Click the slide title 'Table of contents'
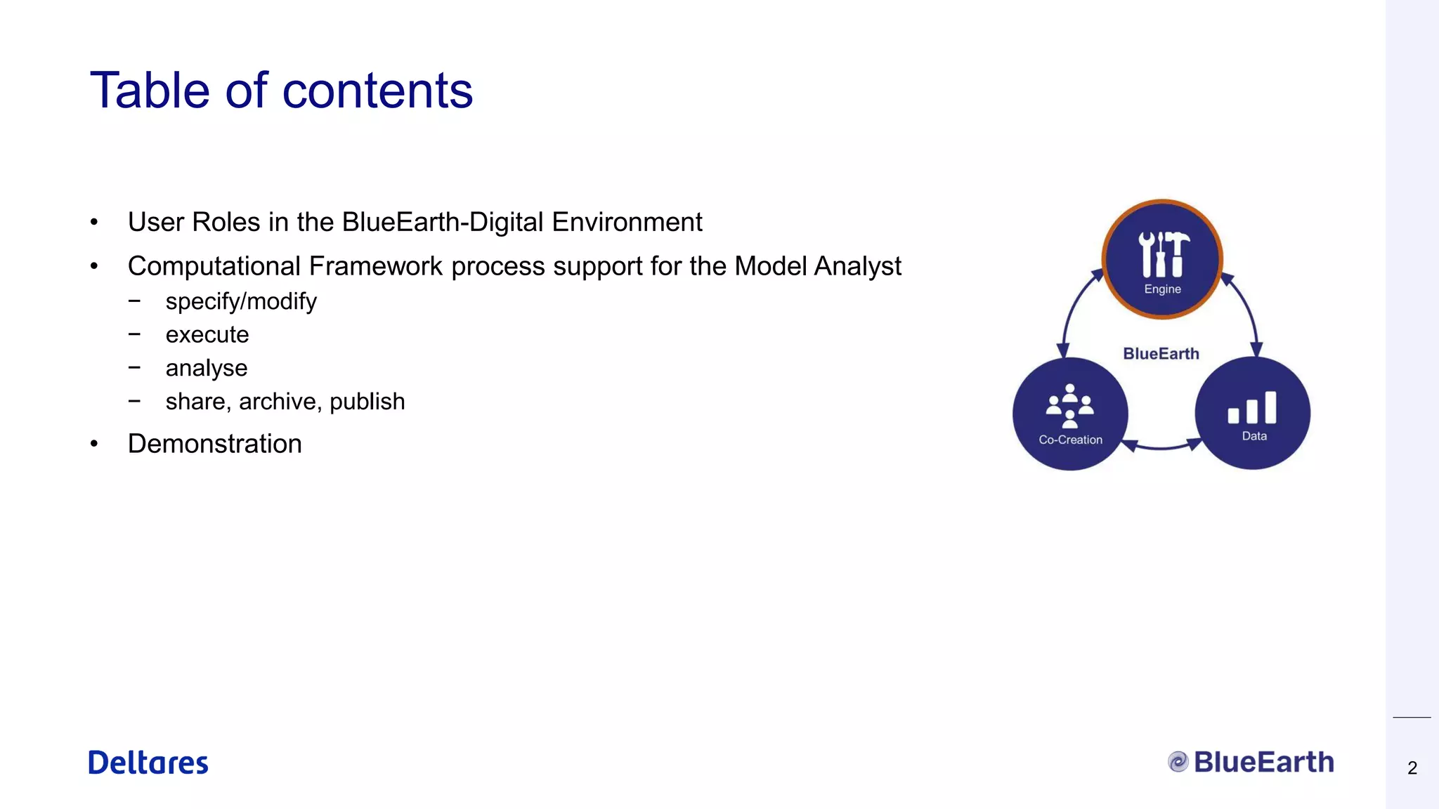pyautogui.click(x=281, y=91)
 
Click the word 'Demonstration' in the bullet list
pyautogui.click(x=214, y=444)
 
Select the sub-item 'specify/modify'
pyautogui.click(x=241, y=301)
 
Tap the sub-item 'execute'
pyautogui.click(x=207, y=335)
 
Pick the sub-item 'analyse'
pyautogui.click(x=207, y=368)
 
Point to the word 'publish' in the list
pyautogui.click(x=367, y=402)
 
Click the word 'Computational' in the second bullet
pyautogui.click(x=214, y=267)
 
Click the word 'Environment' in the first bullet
pyautogui.click(x=627, y=223)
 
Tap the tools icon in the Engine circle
pyautogui.click(x=1163, y=254)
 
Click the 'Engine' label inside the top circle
pyautogui.click(x=1162, y=289)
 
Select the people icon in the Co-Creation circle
pyautogui.click(x=1069, y=406)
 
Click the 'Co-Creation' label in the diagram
pyautogui.click(x=1070, y=440)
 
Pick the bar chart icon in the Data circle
pyautogui.click(x=1252, y=408)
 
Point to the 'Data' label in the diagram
pyautogui.click(x=1254, y=436)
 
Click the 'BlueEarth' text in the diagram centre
pyautogui.click(x=1161, y=354)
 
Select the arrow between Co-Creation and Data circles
pyautogui.click(x=1161, y=446)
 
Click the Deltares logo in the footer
pyautogui.click(x=148, y=763)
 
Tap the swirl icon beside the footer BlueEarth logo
pyautogui.click(x=1178, y=762)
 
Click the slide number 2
pyautogui.click(x=1412, y=768)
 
